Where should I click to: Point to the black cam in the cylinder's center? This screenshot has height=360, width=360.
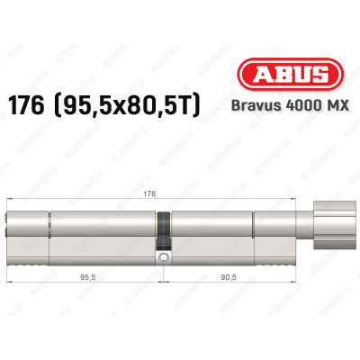[x=163, y=233]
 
